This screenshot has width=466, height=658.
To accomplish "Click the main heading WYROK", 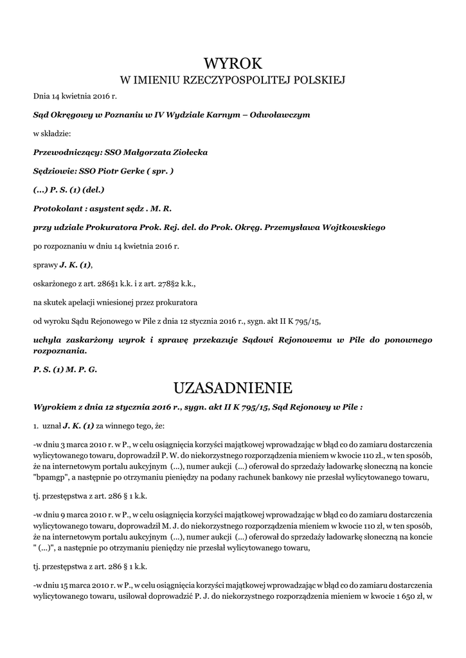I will (x=233, y=64).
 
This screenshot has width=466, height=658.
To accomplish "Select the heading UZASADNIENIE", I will (x=233, y=388).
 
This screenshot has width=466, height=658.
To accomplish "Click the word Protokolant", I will (x=58, y=208).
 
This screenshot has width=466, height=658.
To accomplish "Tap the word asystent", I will (x=110, y=208).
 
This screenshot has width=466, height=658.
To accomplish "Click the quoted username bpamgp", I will (x=53, y=478).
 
